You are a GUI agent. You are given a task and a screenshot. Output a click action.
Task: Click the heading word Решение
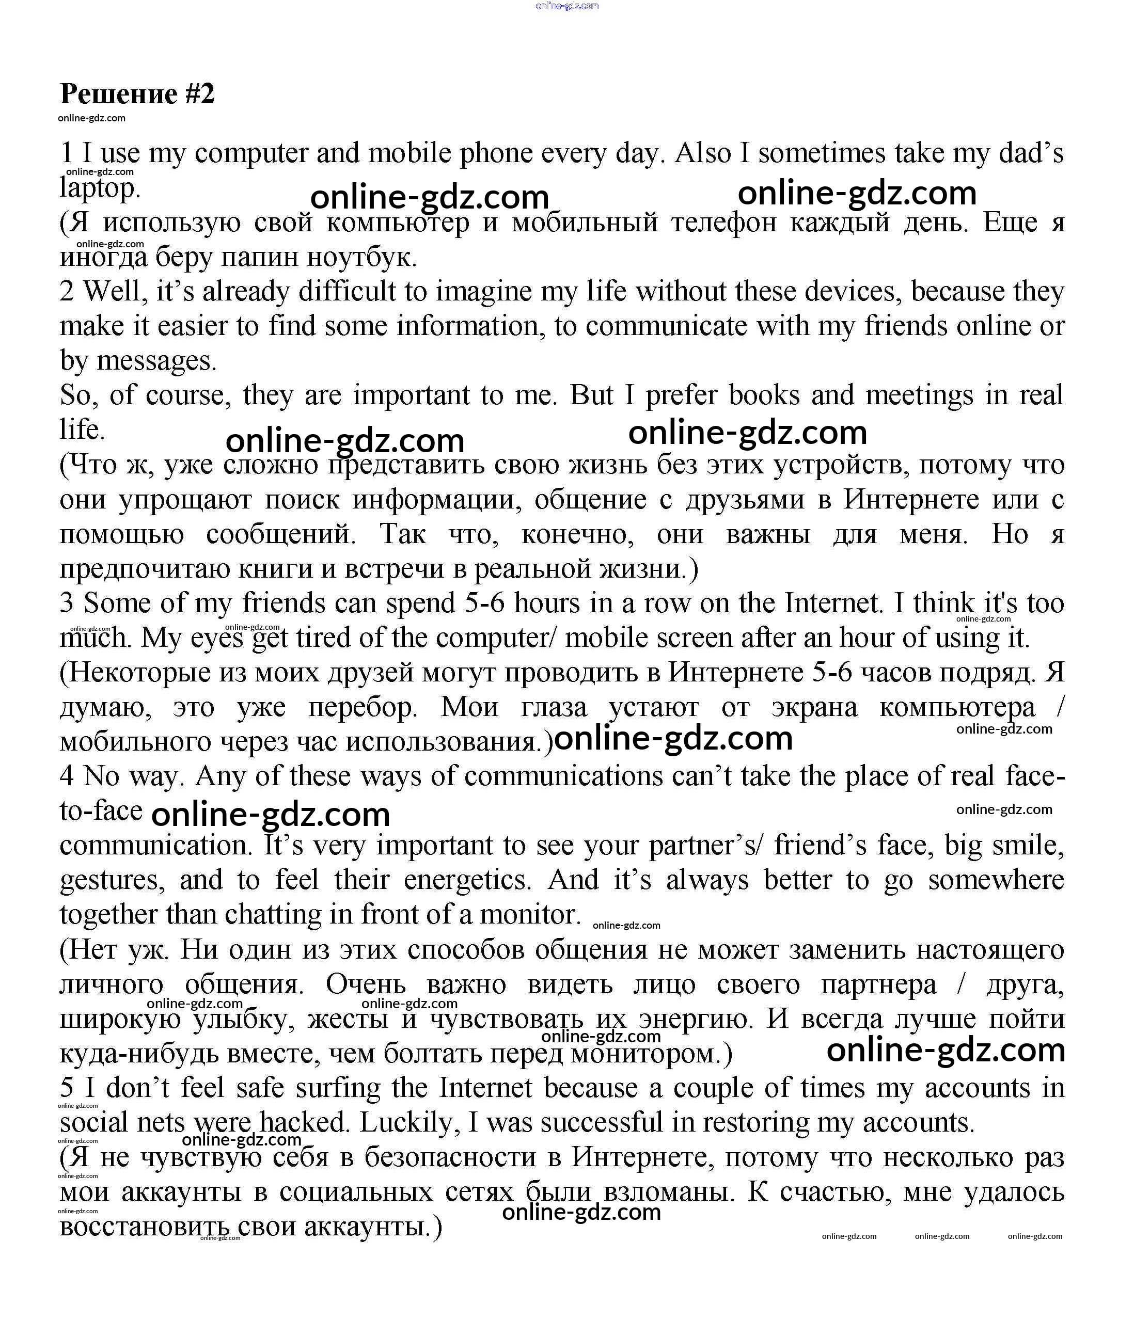click(119, 94)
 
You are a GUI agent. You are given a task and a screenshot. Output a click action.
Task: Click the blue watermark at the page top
click(566, 6)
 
